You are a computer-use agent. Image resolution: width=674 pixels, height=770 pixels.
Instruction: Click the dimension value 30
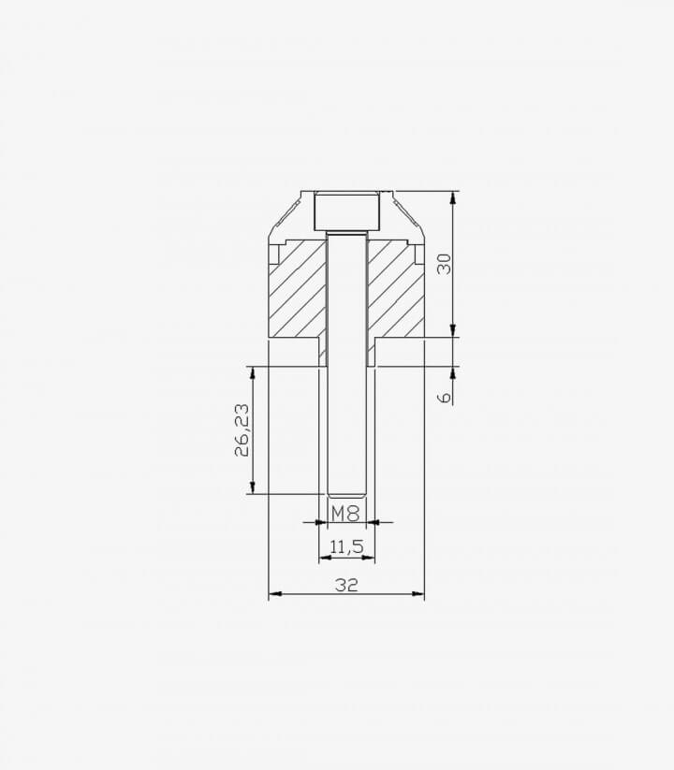(x=444, y=264)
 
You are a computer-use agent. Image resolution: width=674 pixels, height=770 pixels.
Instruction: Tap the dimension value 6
(x=444, y=397)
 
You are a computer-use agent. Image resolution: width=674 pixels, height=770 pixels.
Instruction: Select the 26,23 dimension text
(x=242, y=430)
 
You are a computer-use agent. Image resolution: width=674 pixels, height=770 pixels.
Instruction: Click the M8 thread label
(x=345, y=514)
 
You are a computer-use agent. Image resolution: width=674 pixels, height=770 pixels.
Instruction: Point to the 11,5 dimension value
(x=346, y=546)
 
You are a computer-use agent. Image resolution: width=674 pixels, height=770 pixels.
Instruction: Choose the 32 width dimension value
(x=346, y=585)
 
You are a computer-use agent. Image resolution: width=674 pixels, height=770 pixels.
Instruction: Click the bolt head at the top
(x=346, y=211)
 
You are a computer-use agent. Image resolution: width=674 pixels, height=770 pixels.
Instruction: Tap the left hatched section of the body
(x=297, y=290)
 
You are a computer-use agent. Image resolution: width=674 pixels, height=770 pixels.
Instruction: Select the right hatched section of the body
(x=395, y=290)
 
